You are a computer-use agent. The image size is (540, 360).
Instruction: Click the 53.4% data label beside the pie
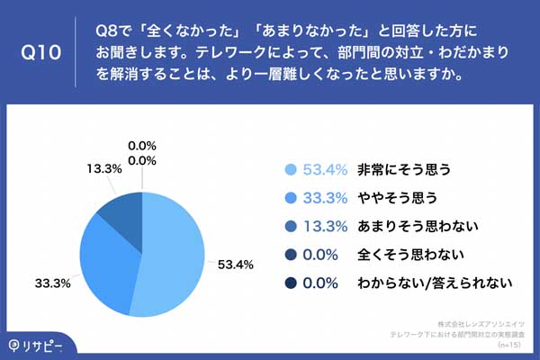point(236,265)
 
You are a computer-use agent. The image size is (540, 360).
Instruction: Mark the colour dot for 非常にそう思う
point(290,169)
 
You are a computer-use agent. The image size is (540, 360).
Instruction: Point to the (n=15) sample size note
point(510,344)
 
